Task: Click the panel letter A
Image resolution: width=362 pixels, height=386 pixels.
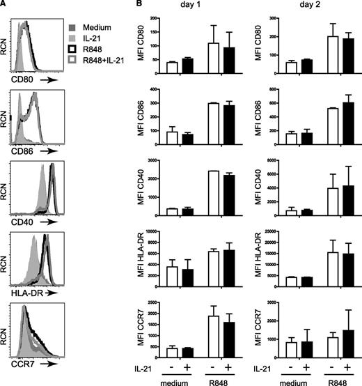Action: [4, 5]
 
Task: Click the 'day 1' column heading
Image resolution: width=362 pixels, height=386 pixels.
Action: [200, 6]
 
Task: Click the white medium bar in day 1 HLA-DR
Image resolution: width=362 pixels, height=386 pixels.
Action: [171, 276]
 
